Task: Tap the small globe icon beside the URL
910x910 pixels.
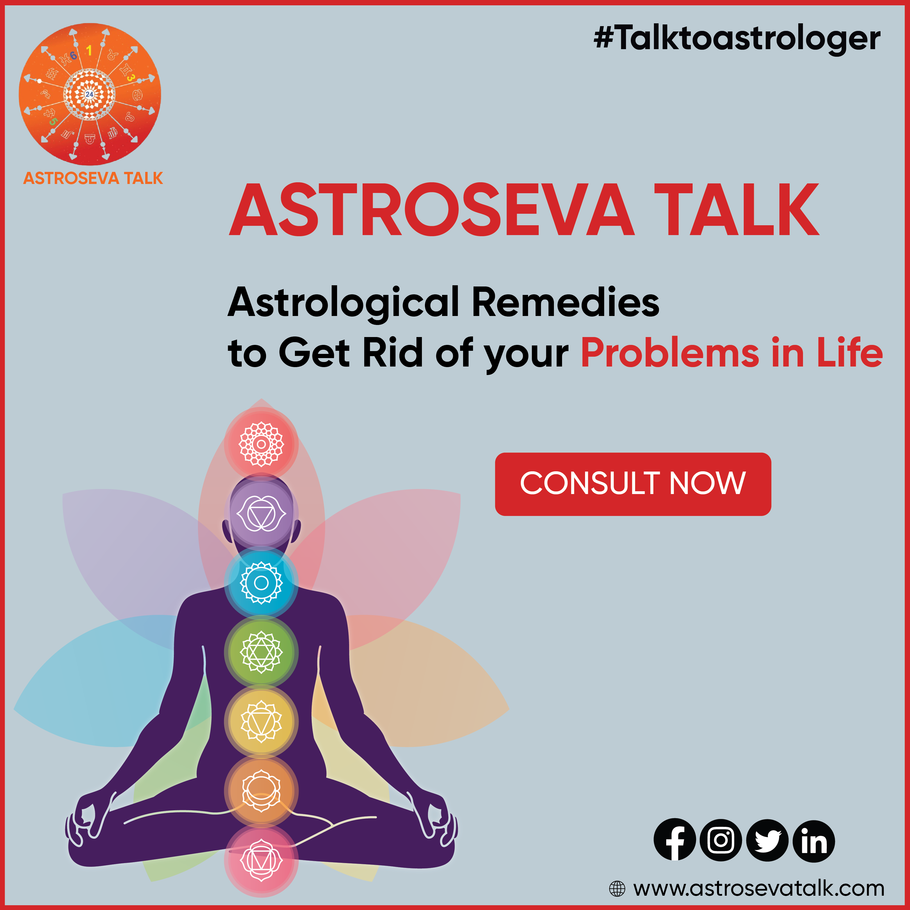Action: tap(617, 889)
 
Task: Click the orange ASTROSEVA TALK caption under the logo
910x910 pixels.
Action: tap(93, 178)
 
